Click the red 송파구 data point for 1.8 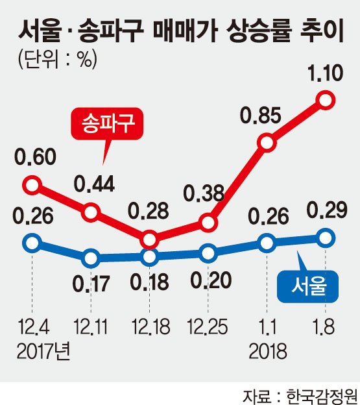pos(326,100)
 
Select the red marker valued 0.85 pos(267,143)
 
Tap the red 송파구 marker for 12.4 pos(32,185)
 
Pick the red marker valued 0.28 pos(149,240)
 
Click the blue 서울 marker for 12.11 pos(91,258)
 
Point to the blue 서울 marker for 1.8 pos(326,238)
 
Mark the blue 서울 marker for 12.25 pos(208,253)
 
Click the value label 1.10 pos(326,73)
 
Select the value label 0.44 pos(94,184)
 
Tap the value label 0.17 pos(91,284)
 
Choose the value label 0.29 pos(327,210)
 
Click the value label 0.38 pos(204,193)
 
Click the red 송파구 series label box pos(107,124)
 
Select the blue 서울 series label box pos(307,286)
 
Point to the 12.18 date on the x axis pos(150,326)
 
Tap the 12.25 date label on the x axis pos(208,326)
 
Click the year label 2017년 pos(43,352)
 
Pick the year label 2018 pos(268,351)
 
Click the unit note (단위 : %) pos(58,60)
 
